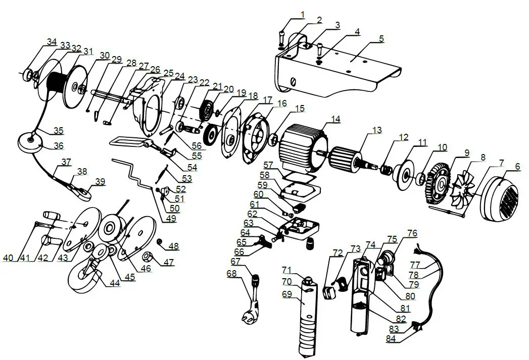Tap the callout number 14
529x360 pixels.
click(335, 119)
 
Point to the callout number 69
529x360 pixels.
click(287, 294)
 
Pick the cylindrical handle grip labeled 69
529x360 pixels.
click(307, 316)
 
